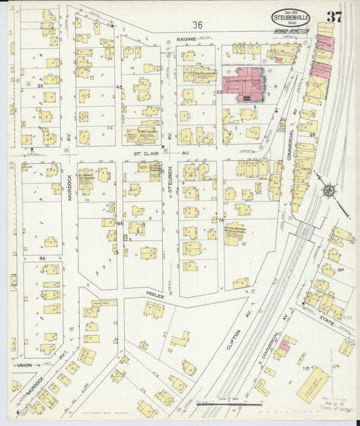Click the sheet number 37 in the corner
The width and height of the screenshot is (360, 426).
[x=334, y=16]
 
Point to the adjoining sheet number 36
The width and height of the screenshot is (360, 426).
[x=197, y=25]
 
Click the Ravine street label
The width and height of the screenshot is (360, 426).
[x=187, y=39]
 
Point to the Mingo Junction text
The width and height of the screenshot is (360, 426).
[x=291, y=31]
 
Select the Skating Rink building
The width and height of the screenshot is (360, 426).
[x=313, y=384]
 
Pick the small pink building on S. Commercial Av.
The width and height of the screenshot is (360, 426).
[x=285, y=344]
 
